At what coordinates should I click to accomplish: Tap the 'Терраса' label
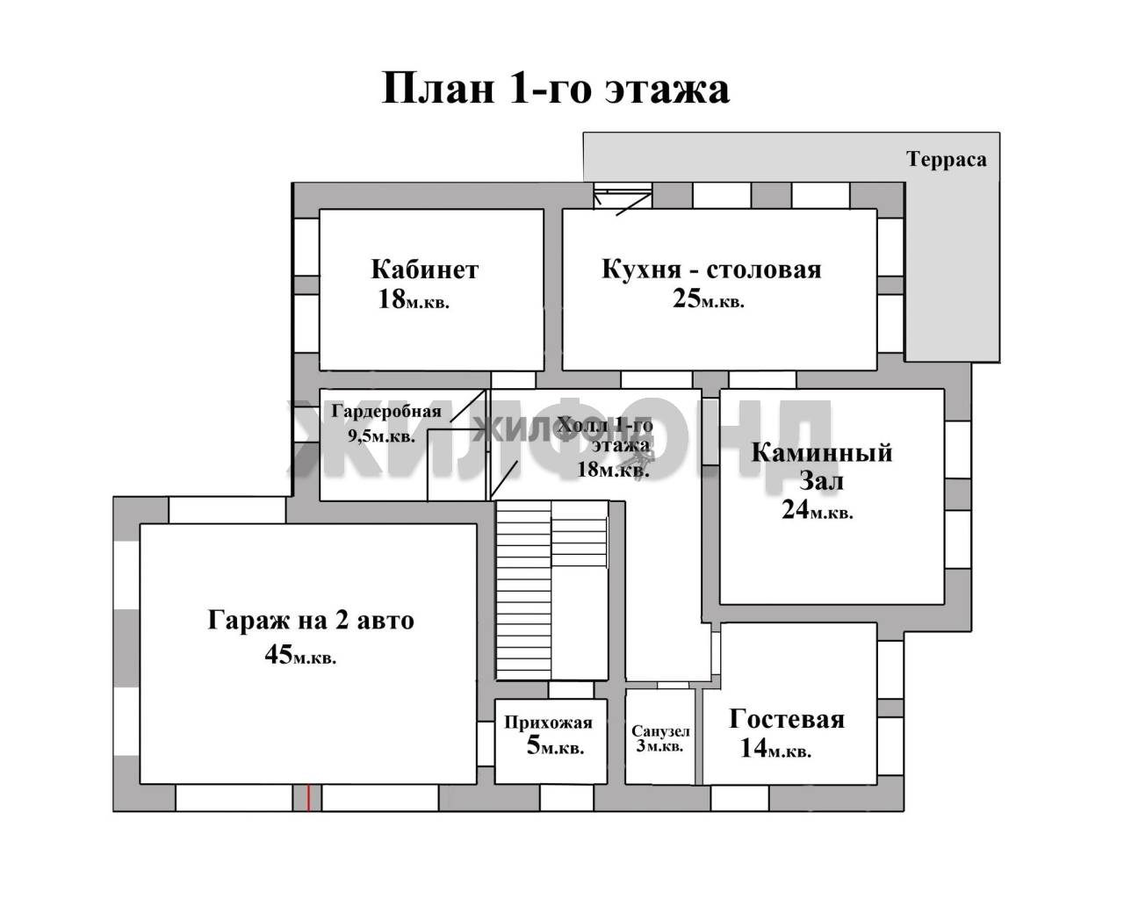point(947,159)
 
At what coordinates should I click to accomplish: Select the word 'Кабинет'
point(425,270)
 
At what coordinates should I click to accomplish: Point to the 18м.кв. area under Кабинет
point(413,299)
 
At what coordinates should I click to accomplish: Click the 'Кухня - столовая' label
point(711,270)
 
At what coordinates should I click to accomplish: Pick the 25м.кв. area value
point(709,299)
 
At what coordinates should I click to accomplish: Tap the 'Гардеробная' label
point(386,411)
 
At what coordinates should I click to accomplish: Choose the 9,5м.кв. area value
point(382,435)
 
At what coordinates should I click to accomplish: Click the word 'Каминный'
point(822,453)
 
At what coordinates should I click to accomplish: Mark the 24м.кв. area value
point(818,509)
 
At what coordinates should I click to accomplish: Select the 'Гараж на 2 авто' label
point(311,620)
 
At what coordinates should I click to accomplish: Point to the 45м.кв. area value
point(300,655)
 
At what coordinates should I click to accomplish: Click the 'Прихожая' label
point(549,723)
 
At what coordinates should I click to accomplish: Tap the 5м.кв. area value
point(555,745)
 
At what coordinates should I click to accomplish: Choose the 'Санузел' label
point(660,731)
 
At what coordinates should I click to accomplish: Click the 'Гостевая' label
point(787,719)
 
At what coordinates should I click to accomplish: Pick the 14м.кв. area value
point(775,749)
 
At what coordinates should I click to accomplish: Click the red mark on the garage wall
point(309,798)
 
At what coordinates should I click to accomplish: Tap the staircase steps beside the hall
point(551,590)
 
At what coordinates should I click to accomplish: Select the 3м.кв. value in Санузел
point(659,746)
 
